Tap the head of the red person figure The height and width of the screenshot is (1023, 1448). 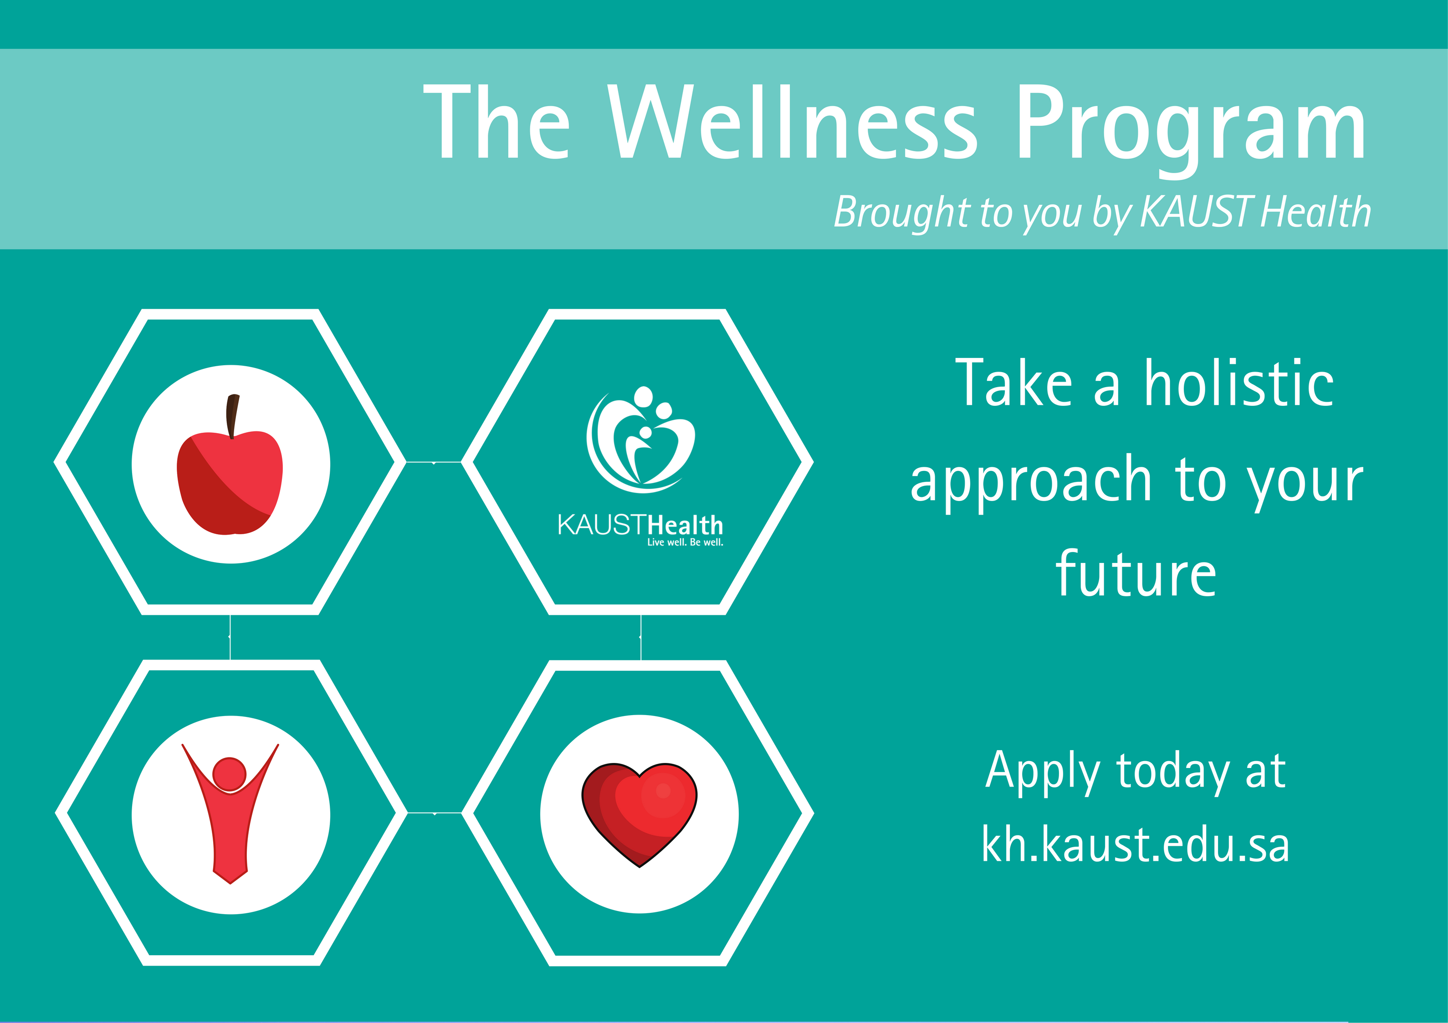(x=229, y=774)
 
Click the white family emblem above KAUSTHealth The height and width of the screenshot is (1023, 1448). (x=640, y=440)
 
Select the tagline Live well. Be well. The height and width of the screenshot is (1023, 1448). (x=685, y=542)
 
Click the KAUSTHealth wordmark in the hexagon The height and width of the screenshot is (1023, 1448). (x=640, y=525)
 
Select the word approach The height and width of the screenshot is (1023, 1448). (x=1031, y=482)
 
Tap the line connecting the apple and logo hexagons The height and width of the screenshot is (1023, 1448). (x=434, y=462)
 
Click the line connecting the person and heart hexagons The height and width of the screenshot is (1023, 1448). (x=435, y=813)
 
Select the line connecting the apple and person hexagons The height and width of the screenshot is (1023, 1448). (x=230, y=637)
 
